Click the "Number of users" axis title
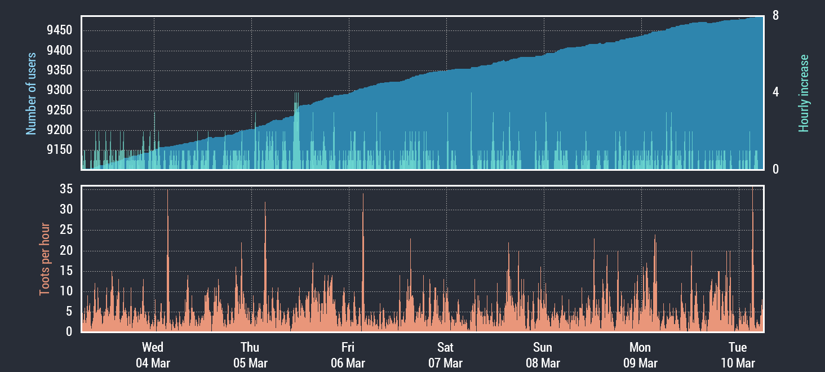coord(31,94)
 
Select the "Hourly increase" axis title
coord(804,94)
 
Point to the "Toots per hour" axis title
coord(45,259)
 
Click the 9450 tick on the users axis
coord(60,30)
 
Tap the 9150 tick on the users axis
coord(60,149)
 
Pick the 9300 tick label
coord(60,90)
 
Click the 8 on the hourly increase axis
coord(775,16)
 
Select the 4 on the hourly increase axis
coord(775,92)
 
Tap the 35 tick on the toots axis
coord(66,189)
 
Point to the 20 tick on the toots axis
coord(66,251)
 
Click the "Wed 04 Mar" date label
coord(153,355)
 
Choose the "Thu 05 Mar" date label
coord(250,355)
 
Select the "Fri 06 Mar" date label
coord(348,355)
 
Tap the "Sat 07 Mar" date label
coord(445,355)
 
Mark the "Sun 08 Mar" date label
coord(543,355)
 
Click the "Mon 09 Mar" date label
coord(640,355)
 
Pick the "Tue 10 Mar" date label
coord(738,355)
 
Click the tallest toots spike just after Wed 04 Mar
coord(167,194)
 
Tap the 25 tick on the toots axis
coord(66,231)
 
